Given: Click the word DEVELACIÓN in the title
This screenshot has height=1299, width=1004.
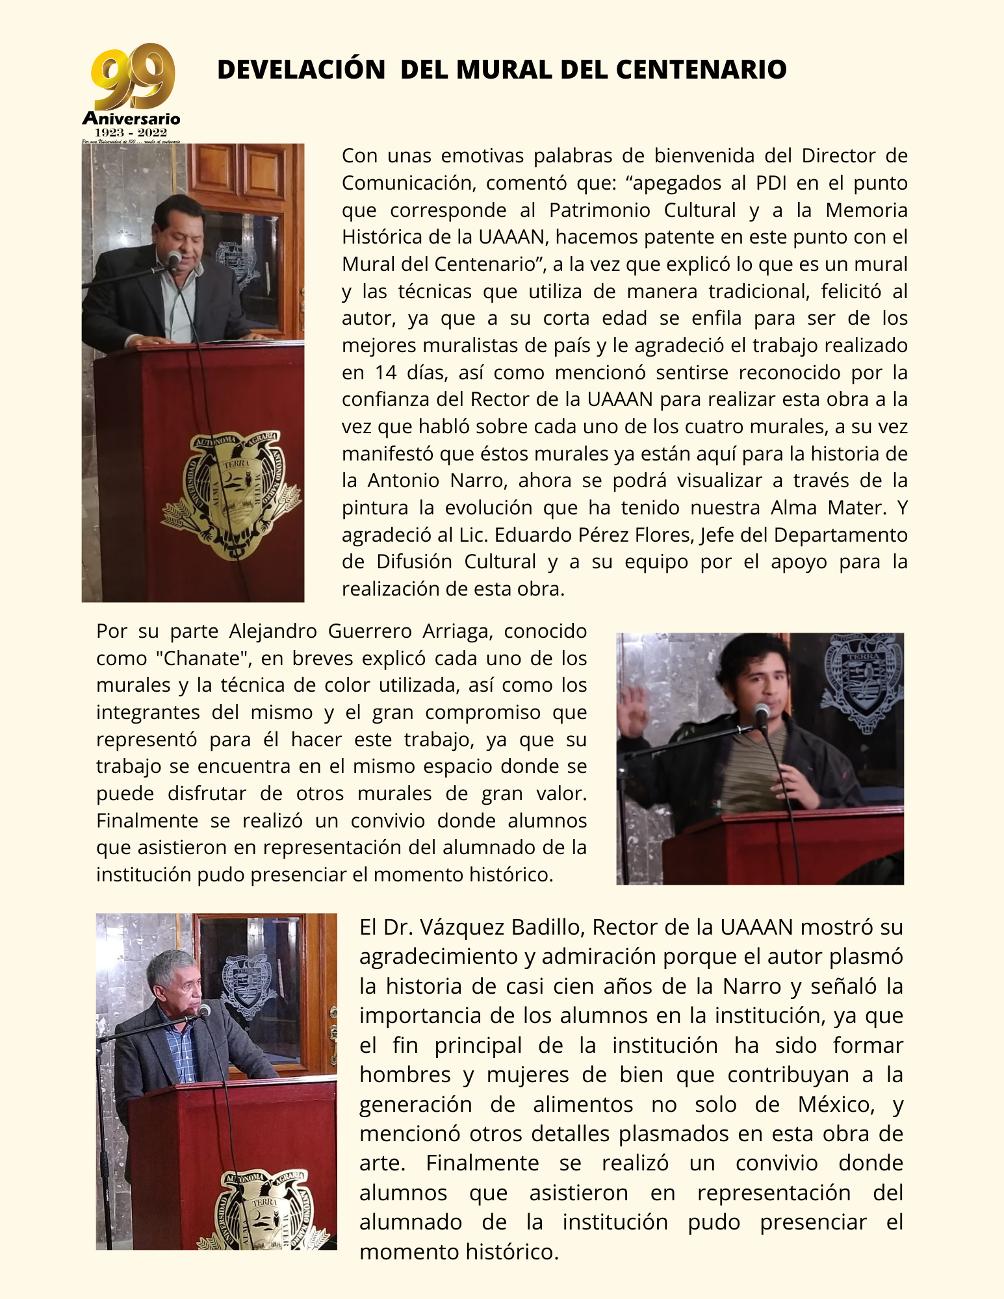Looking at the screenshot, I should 301,70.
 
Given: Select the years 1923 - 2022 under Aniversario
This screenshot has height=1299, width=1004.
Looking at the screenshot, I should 131,132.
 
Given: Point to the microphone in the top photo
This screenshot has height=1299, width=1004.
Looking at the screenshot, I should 174,259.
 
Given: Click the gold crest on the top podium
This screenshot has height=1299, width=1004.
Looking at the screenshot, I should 231,493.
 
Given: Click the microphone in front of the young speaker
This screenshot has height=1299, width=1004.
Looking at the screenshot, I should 762,714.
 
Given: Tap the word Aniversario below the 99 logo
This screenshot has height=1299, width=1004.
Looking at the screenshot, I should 131,119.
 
